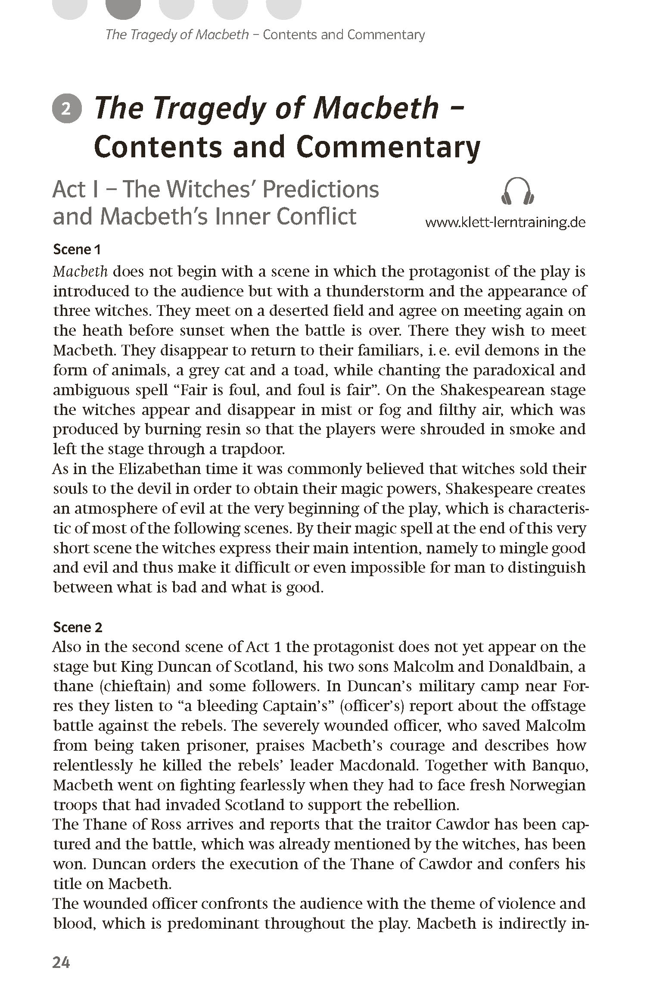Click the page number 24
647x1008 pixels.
pyautogui.click(x=61, y=962)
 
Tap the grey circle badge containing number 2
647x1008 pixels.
pyautogui.click(x=66, y=109)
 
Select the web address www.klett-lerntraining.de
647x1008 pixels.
pyautogui.click(x=505, y=222)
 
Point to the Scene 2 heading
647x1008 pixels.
pyautogui.click(x=78, y=627)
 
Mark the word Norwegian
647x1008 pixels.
pyautogui.click(x=547, y=785)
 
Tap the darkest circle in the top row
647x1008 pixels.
pyautogui.click(x=123, y=8)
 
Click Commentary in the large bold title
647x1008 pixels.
pyautogui.click(x=388, y=147)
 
